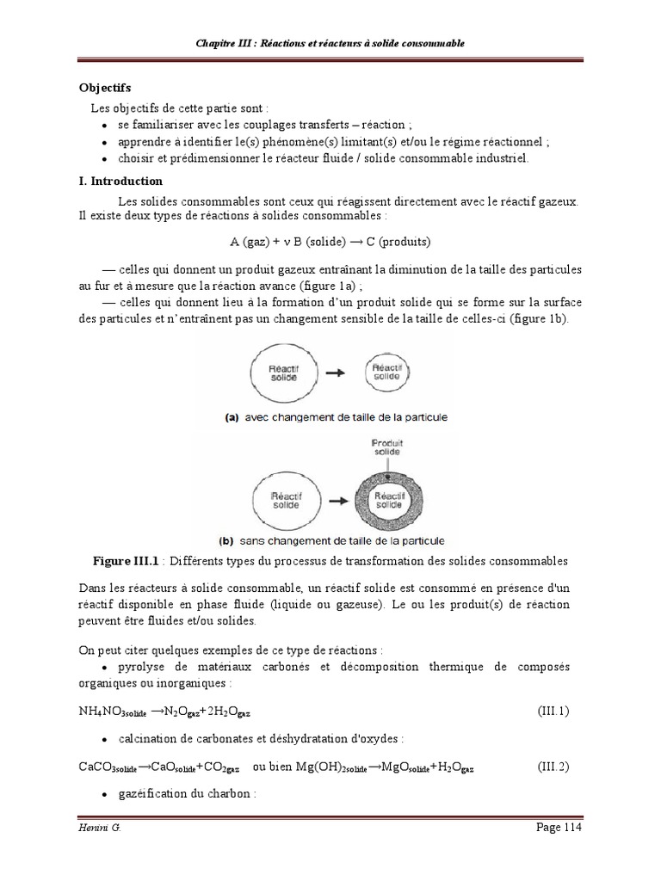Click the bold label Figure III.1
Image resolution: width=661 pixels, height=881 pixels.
127,561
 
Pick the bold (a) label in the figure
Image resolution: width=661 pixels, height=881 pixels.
232,417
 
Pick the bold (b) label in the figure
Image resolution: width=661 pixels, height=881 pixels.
227,541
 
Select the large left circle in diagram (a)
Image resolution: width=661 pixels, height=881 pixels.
278,372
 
